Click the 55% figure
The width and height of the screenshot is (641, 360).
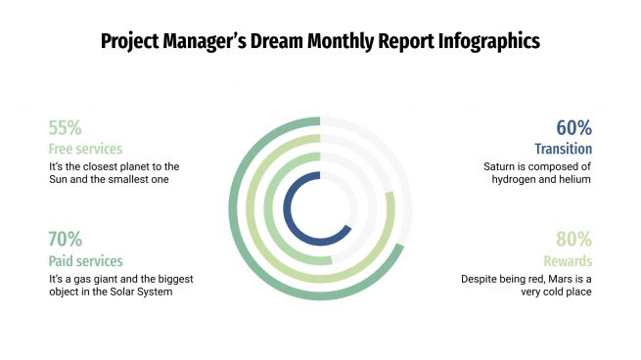(x=65, y=128)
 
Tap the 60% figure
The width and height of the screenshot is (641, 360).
(x=574, y=128)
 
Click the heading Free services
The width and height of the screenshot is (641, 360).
(x=85, y=150)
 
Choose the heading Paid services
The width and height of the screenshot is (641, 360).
(x=85, y=261)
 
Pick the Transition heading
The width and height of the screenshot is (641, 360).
(x=563, y=150)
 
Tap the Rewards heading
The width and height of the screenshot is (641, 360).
(x=568, y=261)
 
